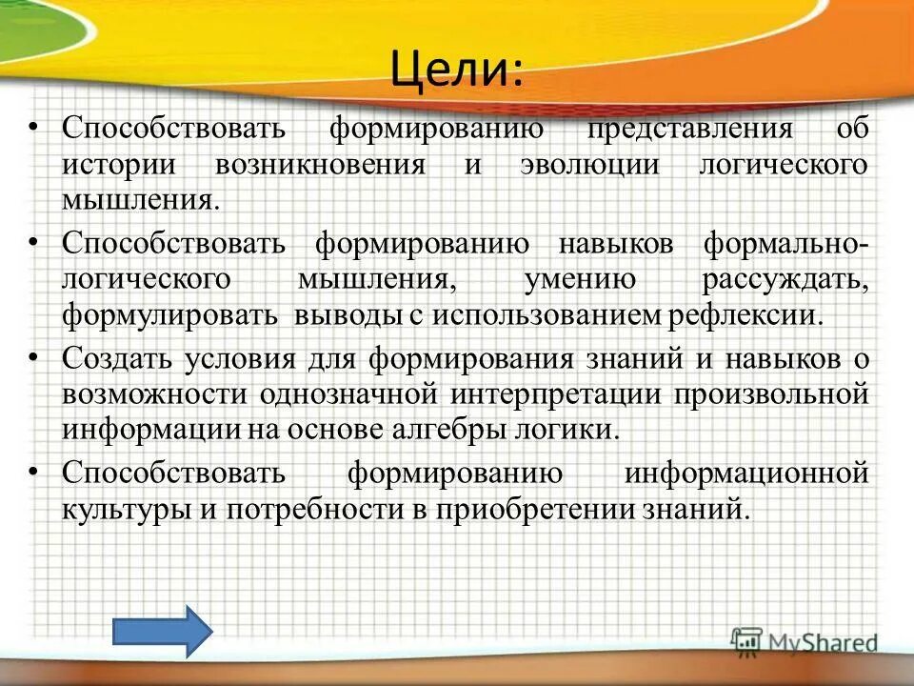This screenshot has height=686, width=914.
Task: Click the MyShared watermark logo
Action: [805, 641]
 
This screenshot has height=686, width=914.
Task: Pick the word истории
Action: [119, 164]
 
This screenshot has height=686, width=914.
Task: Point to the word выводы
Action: [348, 315]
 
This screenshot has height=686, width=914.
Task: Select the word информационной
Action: [747, 473]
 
